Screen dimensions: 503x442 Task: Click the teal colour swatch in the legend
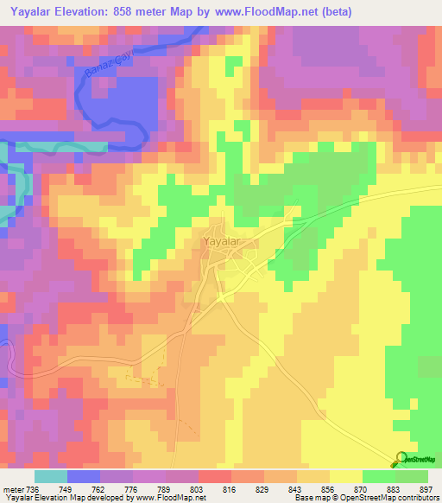click(x=51, y=477)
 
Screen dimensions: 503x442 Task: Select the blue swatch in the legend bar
click(x=84, y=477)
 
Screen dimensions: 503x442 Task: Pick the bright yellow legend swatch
click(x=346, y=477)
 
